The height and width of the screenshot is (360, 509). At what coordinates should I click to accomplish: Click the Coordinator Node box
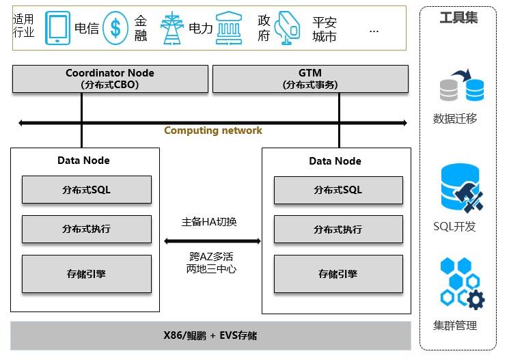tap(110, 79)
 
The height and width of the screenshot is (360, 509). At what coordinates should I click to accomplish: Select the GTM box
tap(310, 79)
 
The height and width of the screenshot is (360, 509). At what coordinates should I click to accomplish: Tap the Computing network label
tap(212, 130)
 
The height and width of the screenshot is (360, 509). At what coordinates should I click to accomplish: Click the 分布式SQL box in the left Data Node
tap(86, 189)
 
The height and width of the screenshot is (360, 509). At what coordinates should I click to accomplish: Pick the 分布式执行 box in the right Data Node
tap(338, 229)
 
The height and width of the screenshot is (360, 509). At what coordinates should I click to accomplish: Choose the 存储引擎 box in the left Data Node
tap(86, 274)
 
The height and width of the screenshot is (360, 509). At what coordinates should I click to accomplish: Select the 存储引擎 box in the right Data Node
tap(338, 274)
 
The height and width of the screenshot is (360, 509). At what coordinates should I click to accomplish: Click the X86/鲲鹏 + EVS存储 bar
tap(210, 335)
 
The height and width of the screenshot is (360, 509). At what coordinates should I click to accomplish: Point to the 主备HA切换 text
tap(209, 221)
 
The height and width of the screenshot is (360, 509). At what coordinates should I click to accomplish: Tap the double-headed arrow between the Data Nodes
tap(212, 240)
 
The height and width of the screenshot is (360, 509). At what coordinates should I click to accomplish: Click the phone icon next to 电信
tap(57, 28)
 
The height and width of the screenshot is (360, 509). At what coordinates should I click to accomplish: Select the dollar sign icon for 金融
tap(116, 28)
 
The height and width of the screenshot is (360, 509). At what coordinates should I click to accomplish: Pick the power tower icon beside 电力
tap(171, 28)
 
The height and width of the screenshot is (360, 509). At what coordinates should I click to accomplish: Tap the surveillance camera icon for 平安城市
tap(287, 29)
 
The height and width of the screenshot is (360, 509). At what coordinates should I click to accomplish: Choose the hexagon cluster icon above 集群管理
tap(461, 283)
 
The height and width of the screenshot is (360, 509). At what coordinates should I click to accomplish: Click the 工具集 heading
tap(458, 18)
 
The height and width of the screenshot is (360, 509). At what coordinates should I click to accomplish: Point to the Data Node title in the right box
tap(335, 161)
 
